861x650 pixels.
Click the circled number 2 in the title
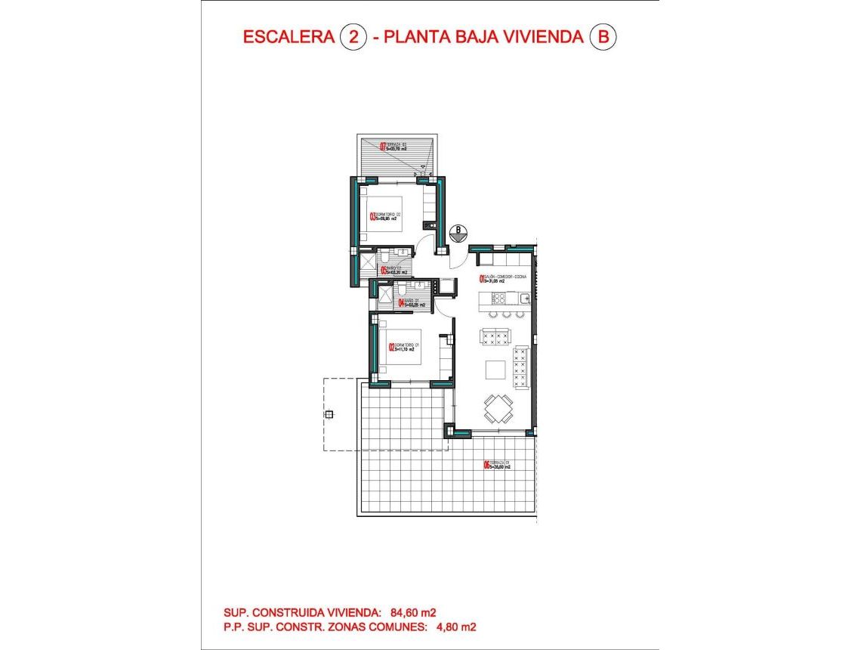coord(352,36)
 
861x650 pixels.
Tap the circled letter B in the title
coord(602,36)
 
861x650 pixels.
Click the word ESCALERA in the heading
coord(288,36)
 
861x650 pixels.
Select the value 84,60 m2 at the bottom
coord(415,612)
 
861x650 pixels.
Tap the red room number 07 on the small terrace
coord(383,147)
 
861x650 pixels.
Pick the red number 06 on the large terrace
coord(486,466)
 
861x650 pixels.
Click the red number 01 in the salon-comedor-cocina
coord(481,279)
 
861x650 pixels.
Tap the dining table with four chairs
coord(497,408)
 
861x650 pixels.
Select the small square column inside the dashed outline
coord(329,414)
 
